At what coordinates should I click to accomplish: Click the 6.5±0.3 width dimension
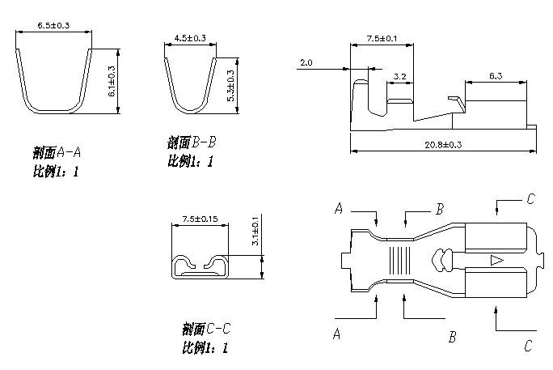coord(54,27)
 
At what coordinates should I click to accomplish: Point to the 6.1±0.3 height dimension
coord(112,82)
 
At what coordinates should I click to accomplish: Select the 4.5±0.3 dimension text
coord(190,38)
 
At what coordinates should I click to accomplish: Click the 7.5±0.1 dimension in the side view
coord(382,38)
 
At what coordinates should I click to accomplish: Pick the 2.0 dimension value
coord(306,62)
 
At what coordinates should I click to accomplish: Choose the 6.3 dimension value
coord(496,76)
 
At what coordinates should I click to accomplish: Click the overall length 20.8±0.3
coord(441,144)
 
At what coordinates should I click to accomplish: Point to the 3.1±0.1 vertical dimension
coord(255,231)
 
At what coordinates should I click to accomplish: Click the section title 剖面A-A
coord(57,152)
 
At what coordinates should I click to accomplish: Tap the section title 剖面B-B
coord(192,142)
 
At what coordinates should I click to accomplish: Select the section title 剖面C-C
coord(208,329)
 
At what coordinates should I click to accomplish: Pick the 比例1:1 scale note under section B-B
coord(190,161)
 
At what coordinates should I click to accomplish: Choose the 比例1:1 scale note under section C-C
coord(206,348)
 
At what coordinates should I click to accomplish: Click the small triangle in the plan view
coord(496,261)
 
